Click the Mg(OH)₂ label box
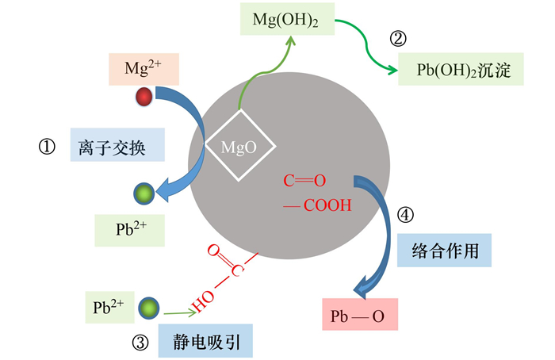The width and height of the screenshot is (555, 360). (x=287, y=19)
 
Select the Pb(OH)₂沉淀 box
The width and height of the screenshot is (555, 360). (x=461, y=69)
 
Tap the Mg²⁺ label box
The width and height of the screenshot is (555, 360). (x=144, y=69)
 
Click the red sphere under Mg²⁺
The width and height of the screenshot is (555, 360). (x=144, y=97)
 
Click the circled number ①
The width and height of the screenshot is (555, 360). (x=47, y=147)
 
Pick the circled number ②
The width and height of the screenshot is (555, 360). (x=398, y=39)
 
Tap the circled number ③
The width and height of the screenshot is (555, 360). (x=140, y=343)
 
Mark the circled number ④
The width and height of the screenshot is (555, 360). (x=405, y=215)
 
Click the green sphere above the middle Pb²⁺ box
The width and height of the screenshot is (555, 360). (x=144, y=193)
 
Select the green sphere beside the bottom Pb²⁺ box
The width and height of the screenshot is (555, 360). (x=149, y=308)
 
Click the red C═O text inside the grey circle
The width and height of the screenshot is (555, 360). (x=304, y=181)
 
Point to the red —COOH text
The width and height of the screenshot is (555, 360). (x=317, y=205)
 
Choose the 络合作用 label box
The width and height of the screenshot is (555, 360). (x=444, y=251)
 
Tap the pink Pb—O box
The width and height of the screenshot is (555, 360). (x=360, y=314)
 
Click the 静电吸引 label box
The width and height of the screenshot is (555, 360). (x=205, y=340)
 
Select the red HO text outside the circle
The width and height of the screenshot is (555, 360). (x=203, y=301)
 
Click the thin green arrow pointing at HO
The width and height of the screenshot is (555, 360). (x=180, y=313)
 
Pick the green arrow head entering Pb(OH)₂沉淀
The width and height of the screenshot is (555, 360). (x=393, y=70)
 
